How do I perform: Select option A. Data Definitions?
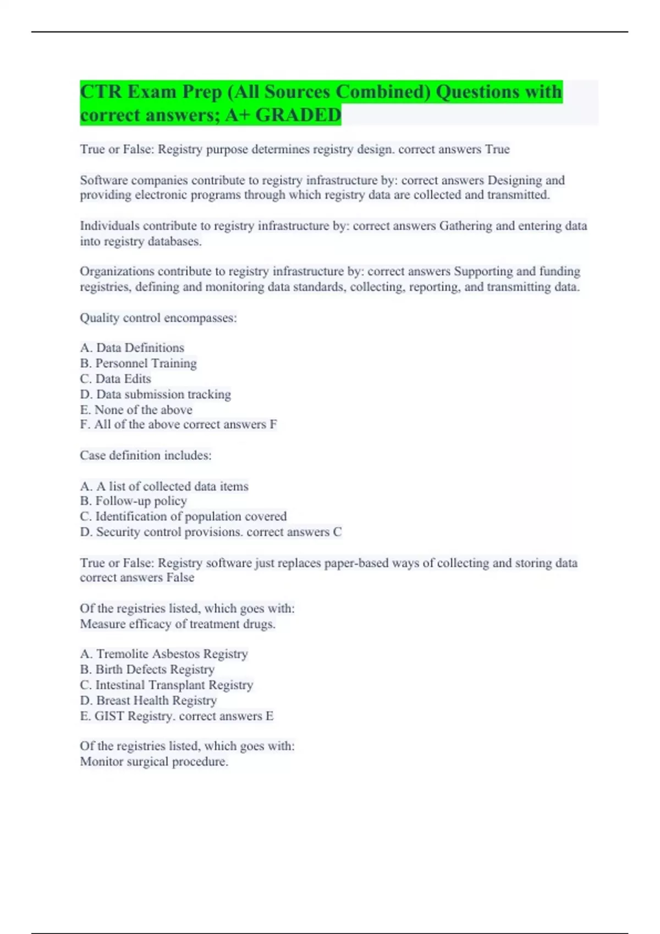[x=132, y=348]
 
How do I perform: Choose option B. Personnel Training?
[x=138, y=363]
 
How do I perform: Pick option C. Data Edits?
[x=116, y=379]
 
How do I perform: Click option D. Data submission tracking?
[x=155, y=394]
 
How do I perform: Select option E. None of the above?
[x=136, y=409]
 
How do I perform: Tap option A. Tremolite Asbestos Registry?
[x=164, y=654]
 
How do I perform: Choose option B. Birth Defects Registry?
[x=147, y=669]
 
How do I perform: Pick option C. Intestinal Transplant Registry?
[x=166, y=685]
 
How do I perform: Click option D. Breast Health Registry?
[x=148, y=700]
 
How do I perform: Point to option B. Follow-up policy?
[x=134, y=501]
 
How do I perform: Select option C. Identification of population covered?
[x=183, y=516]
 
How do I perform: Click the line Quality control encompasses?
[x=158, y=318]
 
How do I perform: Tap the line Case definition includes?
[x=146, y=455]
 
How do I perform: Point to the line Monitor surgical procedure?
[x=154, y=761]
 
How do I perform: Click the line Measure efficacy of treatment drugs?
[x=178, y=624]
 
